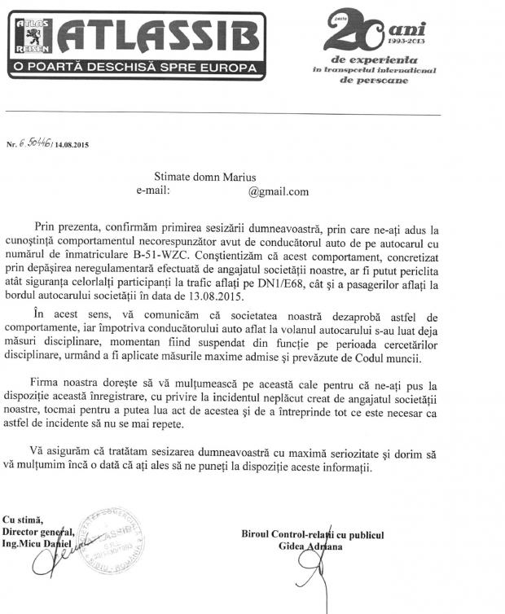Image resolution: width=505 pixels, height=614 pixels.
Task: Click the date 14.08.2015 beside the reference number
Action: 72,144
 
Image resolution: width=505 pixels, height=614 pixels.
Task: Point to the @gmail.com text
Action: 279,191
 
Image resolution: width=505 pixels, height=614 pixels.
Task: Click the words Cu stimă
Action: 24,520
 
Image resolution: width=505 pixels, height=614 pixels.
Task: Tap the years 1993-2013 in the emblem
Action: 405,42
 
